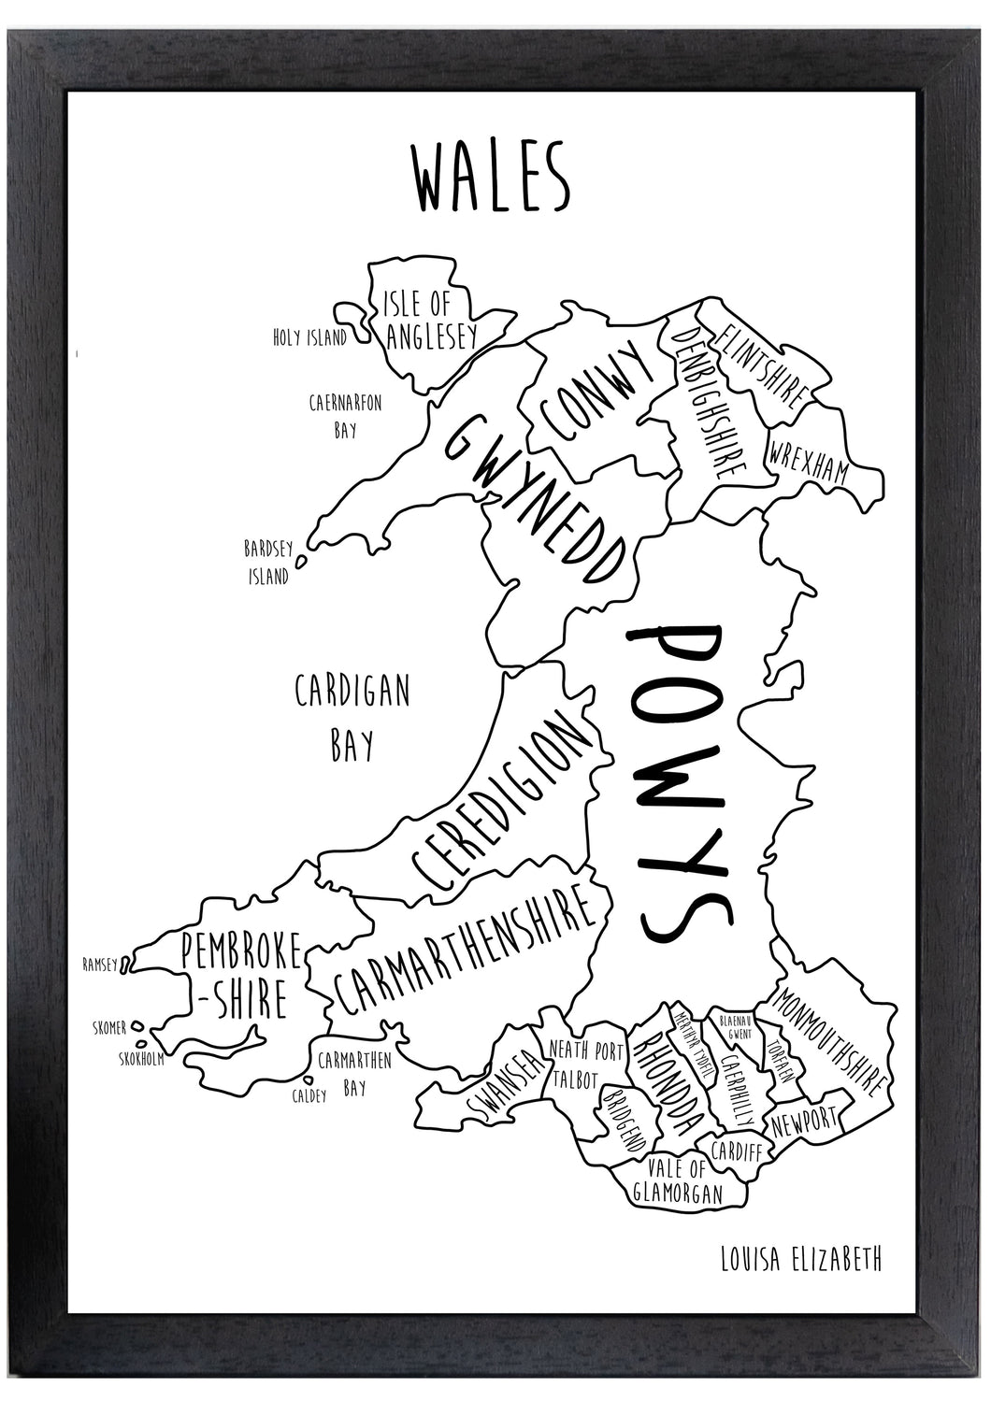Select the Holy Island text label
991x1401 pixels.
pyautogui.click(x=309, y=338)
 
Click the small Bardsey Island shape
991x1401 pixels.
pyautogui.click(x=301, y=563)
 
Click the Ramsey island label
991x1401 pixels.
pyautogui.click(x=101, y=965)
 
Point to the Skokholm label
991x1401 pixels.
pyautogui.click(x=142, y=1059)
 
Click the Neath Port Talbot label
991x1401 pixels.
pyautogui.click(x=585, y=1065)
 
